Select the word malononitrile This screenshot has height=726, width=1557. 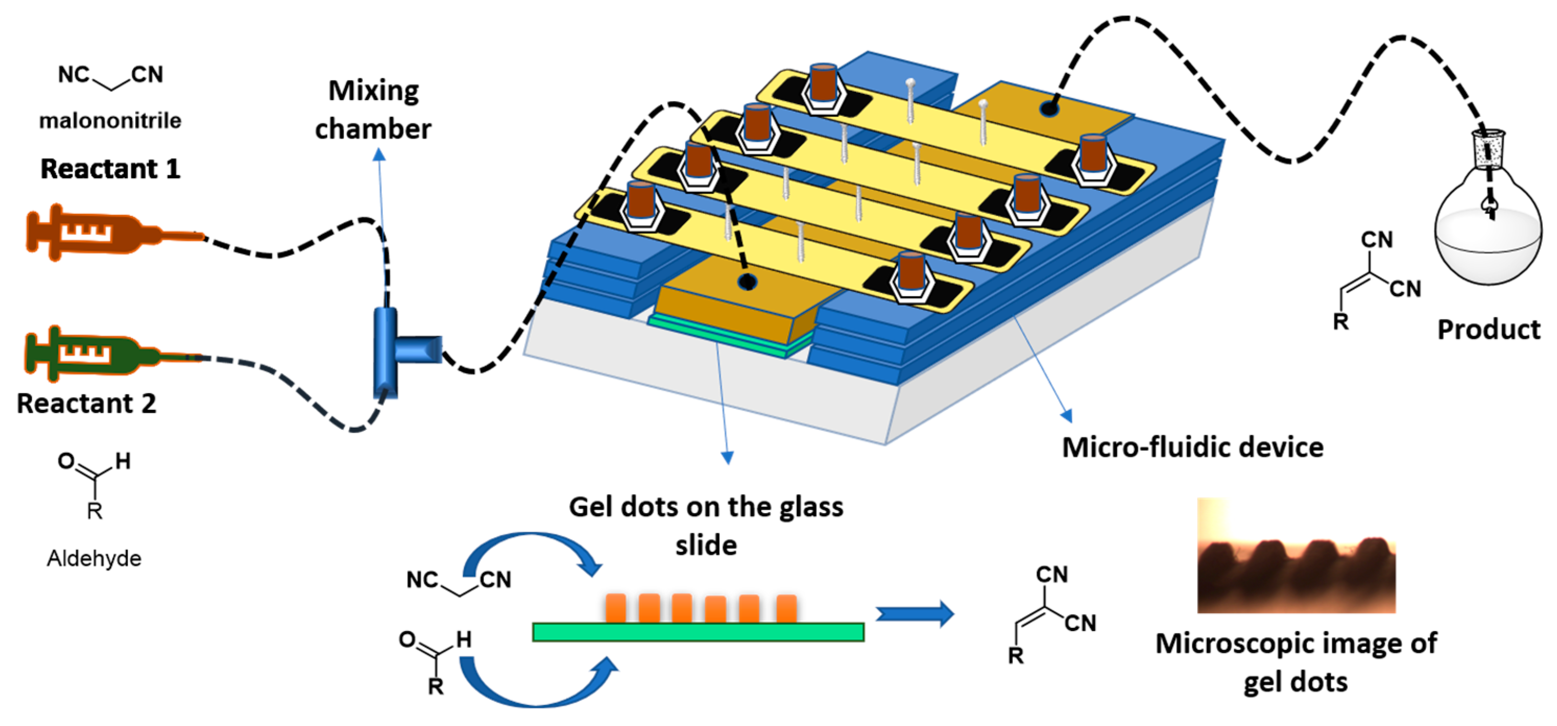pyautogui.click(x=110, y=121)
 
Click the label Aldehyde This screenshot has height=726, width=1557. pyautogui.click(x=94, y=558)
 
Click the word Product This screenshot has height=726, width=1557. pyautogui.click(x=1488, y=330)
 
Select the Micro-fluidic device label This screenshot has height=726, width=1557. pyautogui.click(x=1192, y=447)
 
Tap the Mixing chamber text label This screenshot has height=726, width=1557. pyautogui.click(x=373, y=110)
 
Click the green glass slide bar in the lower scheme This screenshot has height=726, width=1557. pyautogui.click(x=698, y=632)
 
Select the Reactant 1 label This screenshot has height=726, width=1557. pyautogui.click(x=110, y=168)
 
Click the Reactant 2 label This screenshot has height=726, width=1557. pyautogui.click(x=87, y=403)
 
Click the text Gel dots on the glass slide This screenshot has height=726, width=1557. pyautogui.click(x=705, y=525)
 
